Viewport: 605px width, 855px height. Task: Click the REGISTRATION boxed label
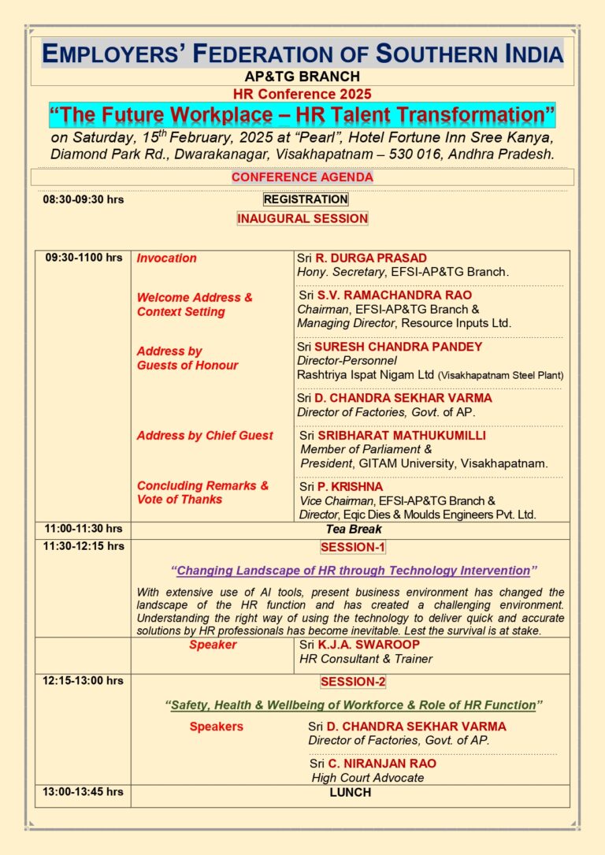point(306,199)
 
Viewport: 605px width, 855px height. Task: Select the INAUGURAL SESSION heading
point(302,218)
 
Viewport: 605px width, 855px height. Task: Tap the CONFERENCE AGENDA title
point(302,177)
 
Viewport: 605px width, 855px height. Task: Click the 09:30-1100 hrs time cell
point(84,258)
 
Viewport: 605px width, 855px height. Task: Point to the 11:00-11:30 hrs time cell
point(84,529)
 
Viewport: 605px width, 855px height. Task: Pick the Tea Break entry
point(354,530)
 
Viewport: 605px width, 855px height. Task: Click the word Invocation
point(167,258)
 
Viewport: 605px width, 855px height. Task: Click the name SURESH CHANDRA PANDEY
point(399,346)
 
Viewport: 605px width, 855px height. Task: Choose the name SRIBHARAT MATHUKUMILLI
point(402,435)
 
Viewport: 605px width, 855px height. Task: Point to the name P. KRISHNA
point(350,486)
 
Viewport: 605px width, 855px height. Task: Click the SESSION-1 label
point(353,547)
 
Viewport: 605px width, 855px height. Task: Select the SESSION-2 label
point(353,682)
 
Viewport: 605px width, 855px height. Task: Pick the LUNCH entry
point(350,793)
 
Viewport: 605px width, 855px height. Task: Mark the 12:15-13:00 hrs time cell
point(84,681)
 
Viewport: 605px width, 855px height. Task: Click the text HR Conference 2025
point(302,94)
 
